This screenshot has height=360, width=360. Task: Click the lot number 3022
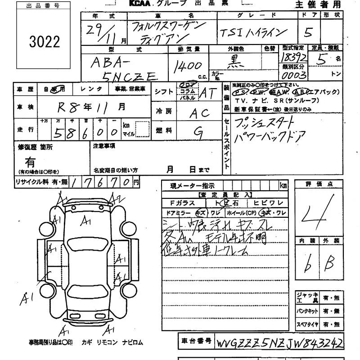44,42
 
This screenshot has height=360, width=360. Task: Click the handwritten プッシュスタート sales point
265,121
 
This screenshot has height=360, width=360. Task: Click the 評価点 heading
318,184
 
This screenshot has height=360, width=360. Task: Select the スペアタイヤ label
308,324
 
